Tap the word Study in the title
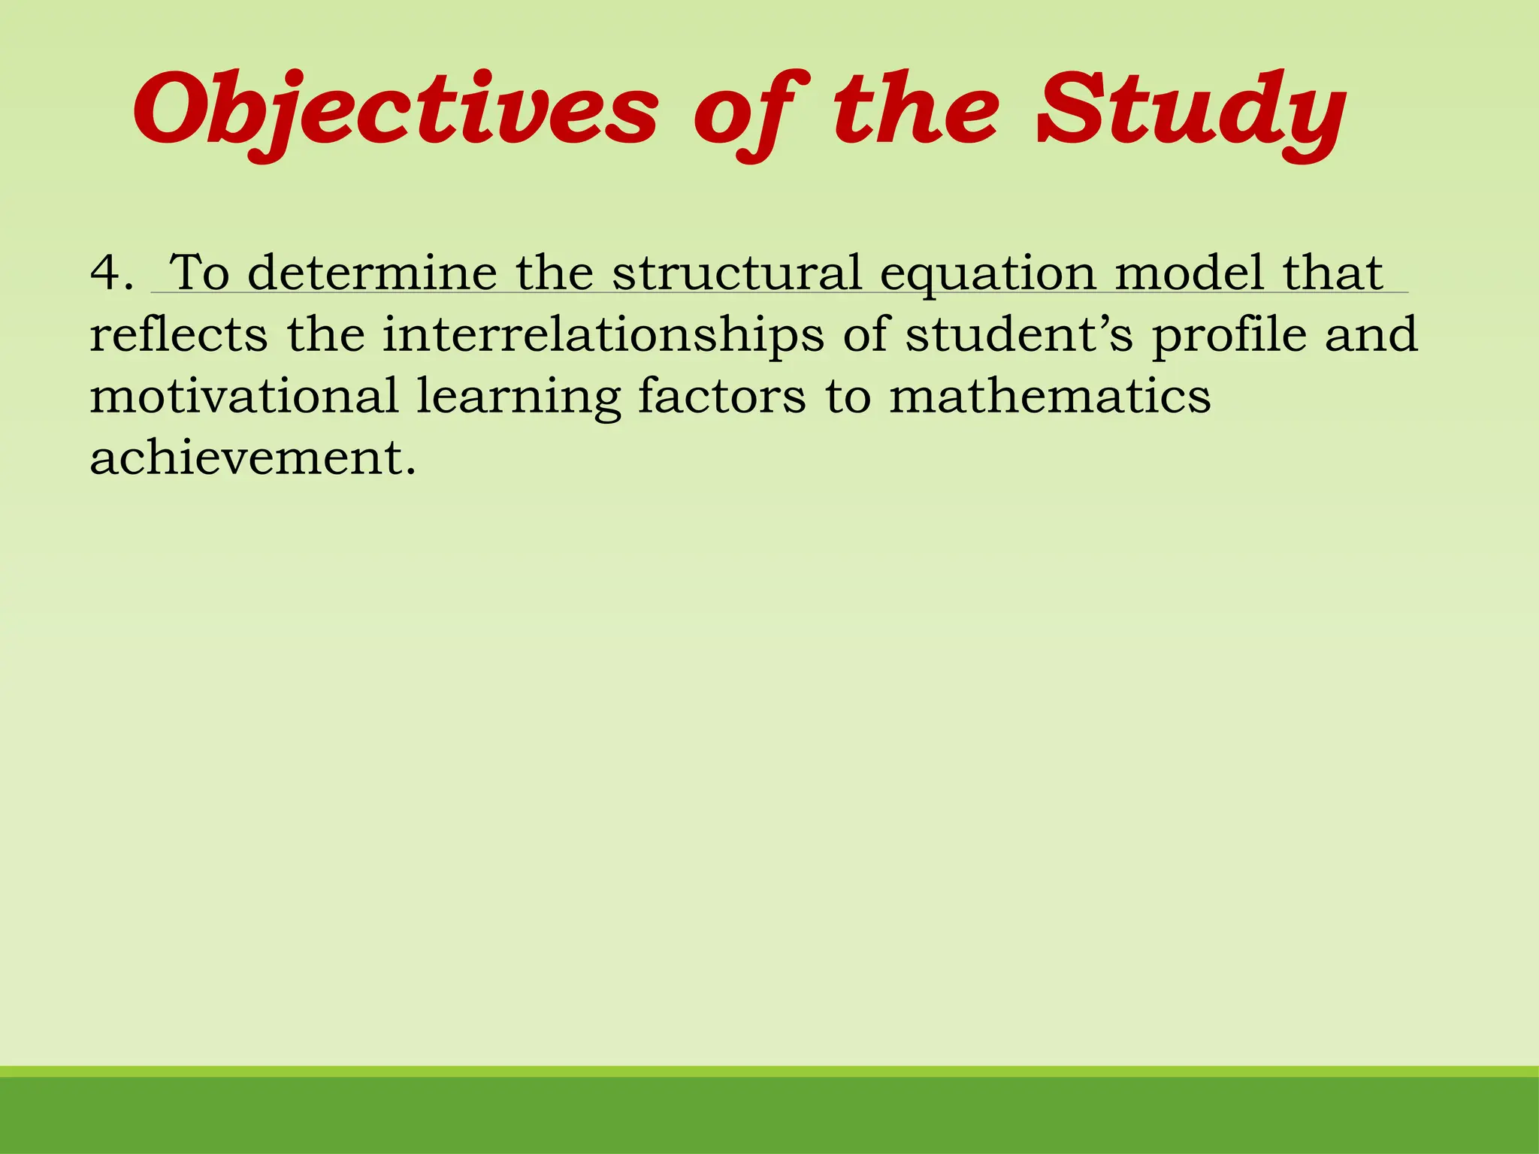[1190, 111]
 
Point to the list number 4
[111, 272]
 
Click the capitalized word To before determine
[199, 272]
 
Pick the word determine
[372, 272]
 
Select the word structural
[736, 272]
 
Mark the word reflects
[179, 334]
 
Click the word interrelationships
[603, 336]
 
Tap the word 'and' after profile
[1371, 334]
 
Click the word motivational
[244, 397]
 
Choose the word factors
[721, 397]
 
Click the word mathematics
[1050, 397]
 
